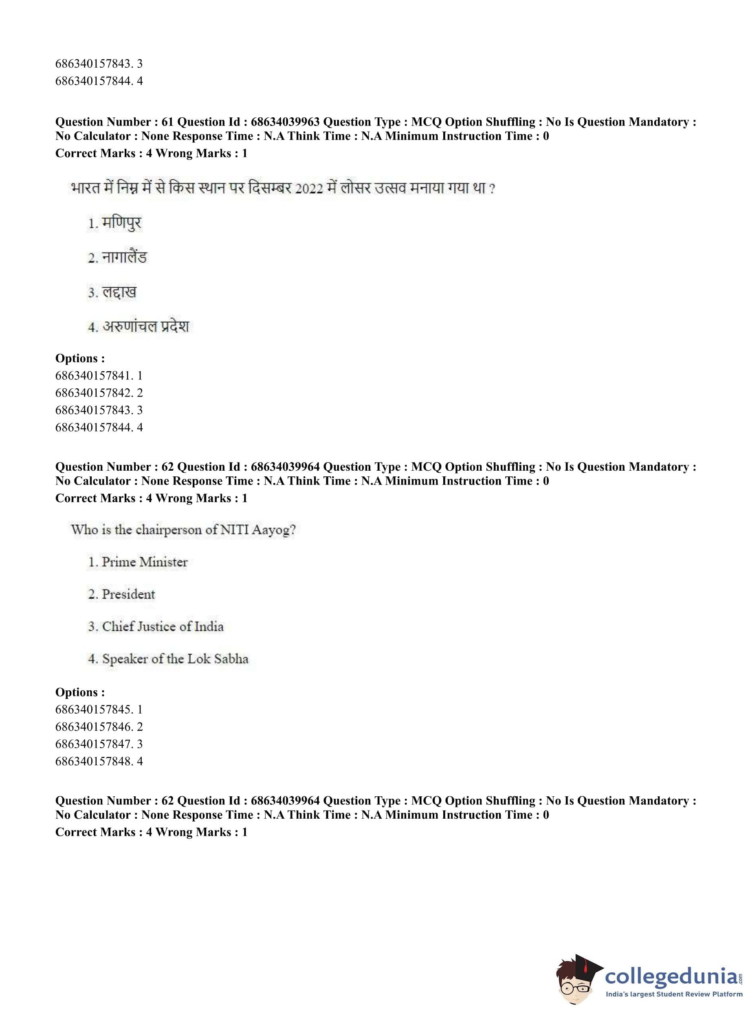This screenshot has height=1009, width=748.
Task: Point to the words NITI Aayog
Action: click(257, 529)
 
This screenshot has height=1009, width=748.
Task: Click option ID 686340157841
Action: click(94, 375)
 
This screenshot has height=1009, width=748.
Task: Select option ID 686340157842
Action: click(94, 393)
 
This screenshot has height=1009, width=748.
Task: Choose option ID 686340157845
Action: click(94, 709)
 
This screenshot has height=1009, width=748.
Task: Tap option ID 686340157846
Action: click(94, 727)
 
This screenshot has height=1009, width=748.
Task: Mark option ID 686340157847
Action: click(94, 744)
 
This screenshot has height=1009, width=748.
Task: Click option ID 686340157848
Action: click(94, 761)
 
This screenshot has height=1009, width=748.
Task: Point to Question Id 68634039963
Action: click(285, 122)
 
